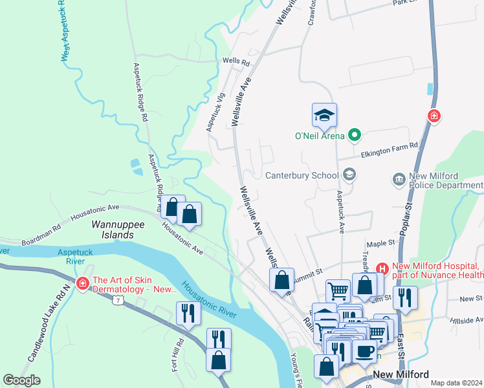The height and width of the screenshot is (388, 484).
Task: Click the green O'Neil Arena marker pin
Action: click(353, 135)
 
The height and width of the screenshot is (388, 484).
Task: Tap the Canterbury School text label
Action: click(302, 175)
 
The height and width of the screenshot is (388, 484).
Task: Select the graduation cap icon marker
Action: click(324, 116)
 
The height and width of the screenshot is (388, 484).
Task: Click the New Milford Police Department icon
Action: click(399, 178)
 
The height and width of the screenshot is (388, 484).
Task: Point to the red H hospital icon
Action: click(382, 268)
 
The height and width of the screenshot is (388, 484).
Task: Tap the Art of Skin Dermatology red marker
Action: click(82, 283)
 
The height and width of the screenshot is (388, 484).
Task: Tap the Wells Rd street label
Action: click(236, 62)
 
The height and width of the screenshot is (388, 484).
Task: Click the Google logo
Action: click(21, 380)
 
